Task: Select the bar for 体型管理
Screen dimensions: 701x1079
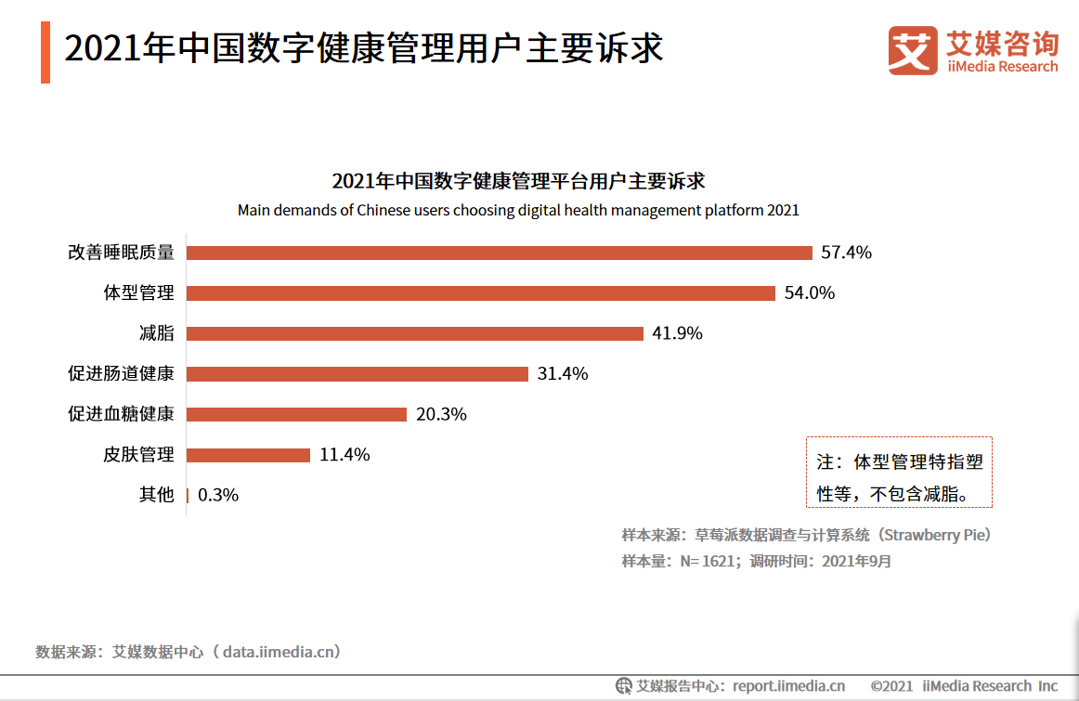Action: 481,293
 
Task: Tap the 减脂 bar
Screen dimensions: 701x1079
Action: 415,333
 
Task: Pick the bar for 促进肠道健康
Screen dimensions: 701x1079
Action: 357,374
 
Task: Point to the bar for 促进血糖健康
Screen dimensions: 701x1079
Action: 297,414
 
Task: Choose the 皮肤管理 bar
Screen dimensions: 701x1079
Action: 249,455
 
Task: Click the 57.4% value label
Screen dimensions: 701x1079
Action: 847,253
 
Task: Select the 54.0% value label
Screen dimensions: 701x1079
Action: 810,293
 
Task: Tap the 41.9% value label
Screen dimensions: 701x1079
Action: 677,333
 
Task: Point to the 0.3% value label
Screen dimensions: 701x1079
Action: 218,495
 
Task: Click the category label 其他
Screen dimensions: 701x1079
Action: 157,495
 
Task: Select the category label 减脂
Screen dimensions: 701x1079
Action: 157,333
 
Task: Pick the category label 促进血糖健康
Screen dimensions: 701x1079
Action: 121,414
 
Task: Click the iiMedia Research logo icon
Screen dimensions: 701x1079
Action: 913,49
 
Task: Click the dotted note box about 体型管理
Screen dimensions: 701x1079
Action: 898,473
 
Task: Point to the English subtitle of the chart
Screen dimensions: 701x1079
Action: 518,210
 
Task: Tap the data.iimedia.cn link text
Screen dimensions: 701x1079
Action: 277,652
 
